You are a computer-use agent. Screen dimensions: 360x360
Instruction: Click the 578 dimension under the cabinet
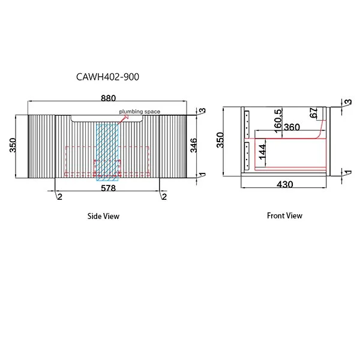coord(108,187)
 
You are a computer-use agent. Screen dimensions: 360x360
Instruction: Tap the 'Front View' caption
coord(284,215)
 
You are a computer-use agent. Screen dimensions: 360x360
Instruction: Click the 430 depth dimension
coord(285,185)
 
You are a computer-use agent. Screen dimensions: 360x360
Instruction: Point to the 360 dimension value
coord(292,127)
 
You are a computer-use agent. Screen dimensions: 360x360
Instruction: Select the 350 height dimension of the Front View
coord(220,139)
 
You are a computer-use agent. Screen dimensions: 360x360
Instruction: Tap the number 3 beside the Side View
coord(203,111)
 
